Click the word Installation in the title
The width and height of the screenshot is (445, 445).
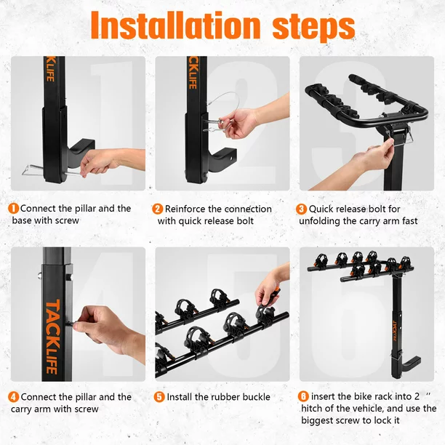click(x=175, y=25)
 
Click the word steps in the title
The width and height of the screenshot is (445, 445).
click(x=313, y=28)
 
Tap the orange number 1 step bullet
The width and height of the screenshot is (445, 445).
click(x=13, y=209)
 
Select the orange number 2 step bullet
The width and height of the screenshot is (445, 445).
click(x=158, y=209)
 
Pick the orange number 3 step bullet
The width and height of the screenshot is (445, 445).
click(x=302, y=209)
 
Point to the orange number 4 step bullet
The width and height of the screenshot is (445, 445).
click(x=13, y=397)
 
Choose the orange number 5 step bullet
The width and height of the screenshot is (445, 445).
click(x=159, y=397)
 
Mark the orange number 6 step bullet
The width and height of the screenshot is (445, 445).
click(x=303, y=396)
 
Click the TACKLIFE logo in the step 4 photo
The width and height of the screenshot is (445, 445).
click(x=53, y=337)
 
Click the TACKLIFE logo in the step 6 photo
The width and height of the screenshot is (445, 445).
click(x=395, y=331)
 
